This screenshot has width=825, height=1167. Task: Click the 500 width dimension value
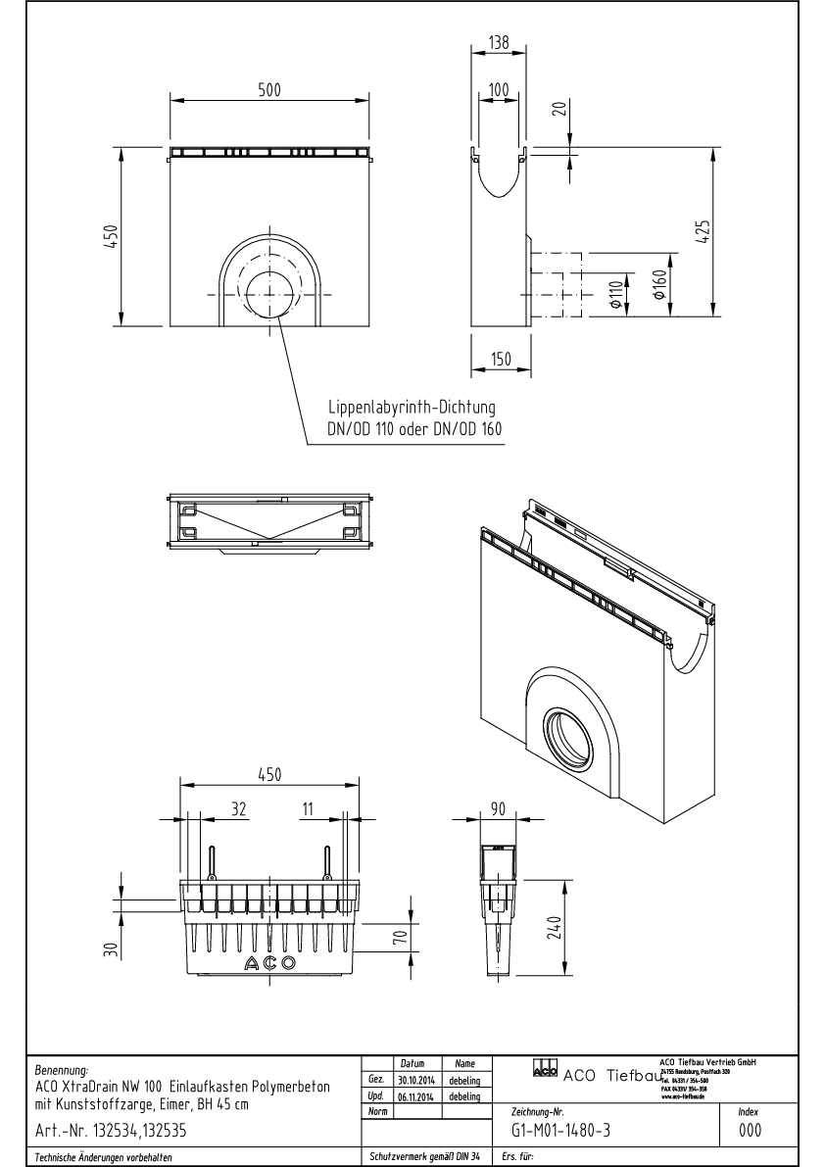pos(269,89)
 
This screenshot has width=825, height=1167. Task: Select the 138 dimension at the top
pos(501,42)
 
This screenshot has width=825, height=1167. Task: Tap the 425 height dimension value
pos(704,229)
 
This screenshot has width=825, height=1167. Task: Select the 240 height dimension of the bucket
pos(553,925)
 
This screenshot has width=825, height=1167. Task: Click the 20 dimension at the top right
pos(559,108)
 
